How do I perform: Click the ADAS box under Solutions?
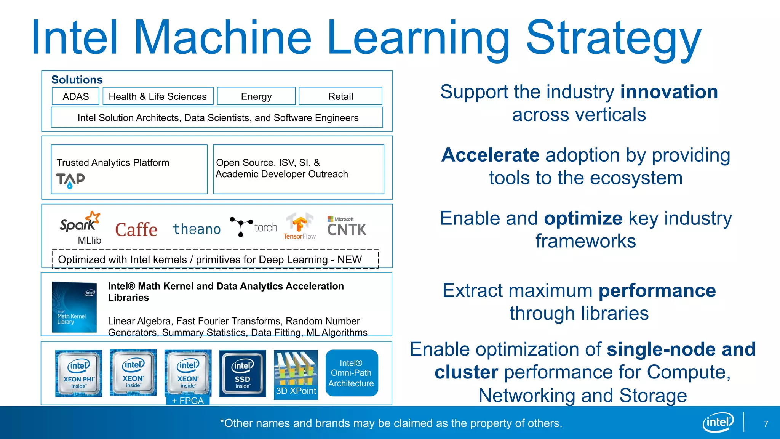(x=75, y=96)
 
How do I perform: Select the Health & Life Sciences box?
(x=158, y=96)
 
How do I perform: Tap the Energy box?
(x=256, y=96)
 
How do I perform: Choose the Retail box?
(x=340, y=96)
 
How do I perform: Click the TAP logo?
(x=70, y=180)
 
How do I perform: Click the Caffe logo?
(x=136, y=229)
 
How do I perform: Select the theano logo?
(x=197, y=229)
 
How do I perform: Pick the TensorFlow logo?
(x=299, y=226)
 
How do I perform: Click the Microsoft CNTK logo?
(x=346, y=226)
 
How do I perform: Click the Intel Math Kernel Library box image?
(x=74, y=307)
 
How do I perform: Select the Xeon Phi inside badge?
(x=78, y=373)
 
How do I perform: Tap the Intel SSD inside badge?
(x=242, y=373)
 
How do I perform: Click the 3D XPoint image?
(x=296, y=374)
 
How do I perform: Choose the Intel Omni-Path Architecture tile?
(x=352, y=373)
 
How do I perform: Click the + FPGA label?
(x=188, y=401)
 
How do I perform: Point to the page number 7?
(x=766, y=424)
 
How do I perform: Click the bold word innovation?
(x=669, y=92)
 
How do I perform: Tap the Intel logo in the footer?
(x=718, y=422)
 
